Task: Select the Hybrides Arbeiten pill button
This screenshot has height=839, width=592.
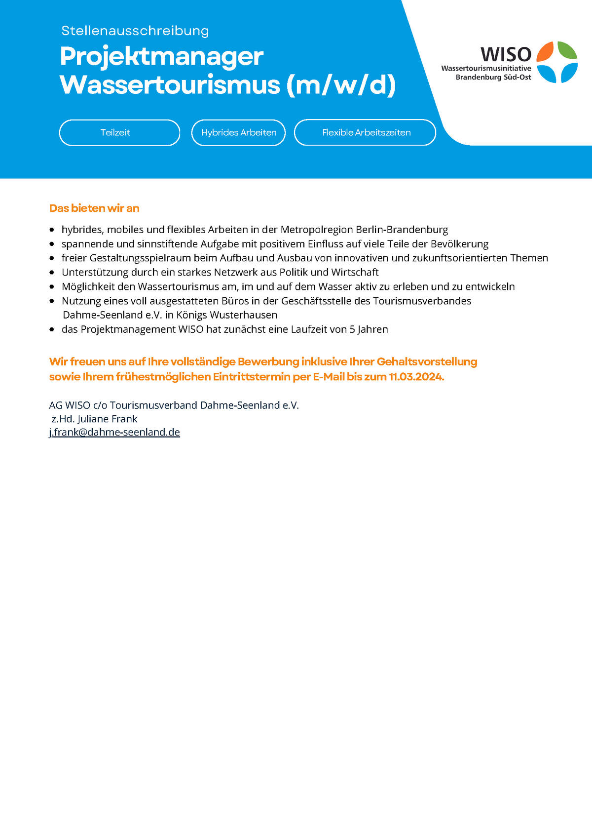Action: (x=238, y=132)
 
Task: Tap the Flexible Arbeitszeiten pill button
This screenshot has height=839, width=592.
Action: (x=365, y=132)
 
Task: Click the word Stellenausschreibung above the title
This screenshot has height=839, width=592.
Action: (x=135, y=31)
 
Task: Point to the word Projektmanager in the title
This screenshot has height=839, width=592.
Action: (x=162, y=56)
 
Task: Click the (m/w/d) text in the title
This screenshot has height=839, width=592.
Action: (x=340, y=84)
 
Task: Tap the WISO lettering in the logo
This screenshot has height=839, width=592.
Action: (x=506, y=54)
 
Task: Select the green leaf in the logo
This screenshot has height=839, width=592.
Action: (x=567, y=50)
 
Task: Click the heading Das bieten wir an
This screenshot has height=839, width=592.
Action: (x=94, y=208)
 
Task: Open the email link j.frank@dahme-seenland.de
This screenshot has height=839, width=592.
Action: (x=114, y=432)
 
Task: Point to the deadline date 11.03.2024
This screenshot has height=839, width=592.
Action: (x=416, y=376)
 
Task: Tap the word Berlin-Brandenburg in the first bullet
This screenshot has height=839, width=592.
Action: (x=402, y=230)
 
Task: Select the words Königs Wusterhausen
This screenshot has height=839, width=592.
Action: (x=227, y=315)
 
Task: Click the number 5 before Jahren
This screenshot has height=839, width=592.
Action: (x=352, y=329)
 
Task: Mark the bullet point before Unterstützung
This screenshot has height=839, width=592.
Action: (x=52, y=272)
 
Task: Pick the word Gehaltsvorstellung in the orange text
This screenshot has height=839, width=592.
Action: (x=427, y=361)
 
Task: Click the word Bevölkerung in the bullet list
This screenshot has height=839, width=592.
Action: (x=459, y=244)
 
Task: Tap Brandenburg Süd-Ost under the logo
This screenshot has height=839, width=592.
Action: (x=493, y=77)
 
